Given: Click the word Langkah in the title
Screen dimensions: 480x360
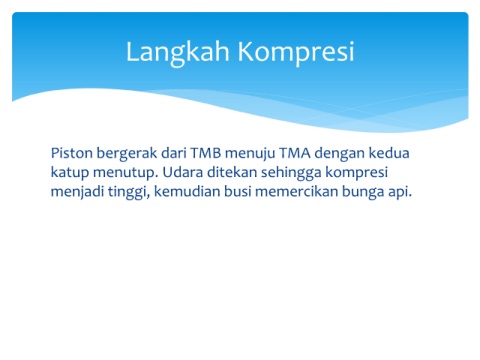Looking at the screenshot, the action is click(x=178, y=52).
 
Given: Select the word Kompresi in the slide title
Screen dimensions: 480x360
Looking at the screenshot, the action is click(x=295, y=52).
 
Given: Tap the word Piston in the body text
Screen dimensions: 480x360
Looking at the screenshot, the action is click(x=71, y=153).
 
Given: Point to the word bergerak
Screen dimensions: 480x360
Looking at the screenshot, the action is click(x=127, y=154).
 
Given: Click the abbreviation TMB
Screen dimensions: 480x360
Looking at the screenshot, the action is click(x=206, y=153).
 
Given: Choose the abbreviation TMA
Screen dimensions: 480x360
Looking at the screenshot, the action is click(x=295, y=153).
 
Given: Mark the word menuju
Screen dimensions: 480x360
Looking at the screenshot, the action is click(x=250, y=154).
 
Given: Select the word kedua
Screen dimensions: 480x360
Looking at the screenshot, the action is click(x=389, y=153).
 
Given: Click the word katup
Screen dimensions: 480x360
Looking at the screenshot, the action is click(x=70, y=173).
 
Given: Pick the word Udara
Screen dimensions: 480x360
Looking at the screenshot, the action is click(x=183, y=172).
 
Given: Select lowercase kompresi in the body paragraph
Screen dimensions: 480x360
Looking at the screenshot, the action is click(x=356, y=173).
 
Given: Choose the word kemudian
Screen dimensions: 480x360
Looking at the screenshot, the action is click(x=187, y=191).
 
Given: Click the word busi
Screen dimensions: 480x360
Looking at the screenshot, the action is click(x=237, y=191).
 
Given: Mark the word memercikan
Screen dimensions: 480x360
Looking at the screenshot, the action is click(x=296, y=191).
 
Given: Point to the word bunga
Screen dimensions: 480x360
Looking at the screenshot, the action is click(x=363, y=193).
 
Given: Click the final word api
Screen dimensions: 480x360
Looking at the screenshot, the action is click(x=400, y=193).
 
